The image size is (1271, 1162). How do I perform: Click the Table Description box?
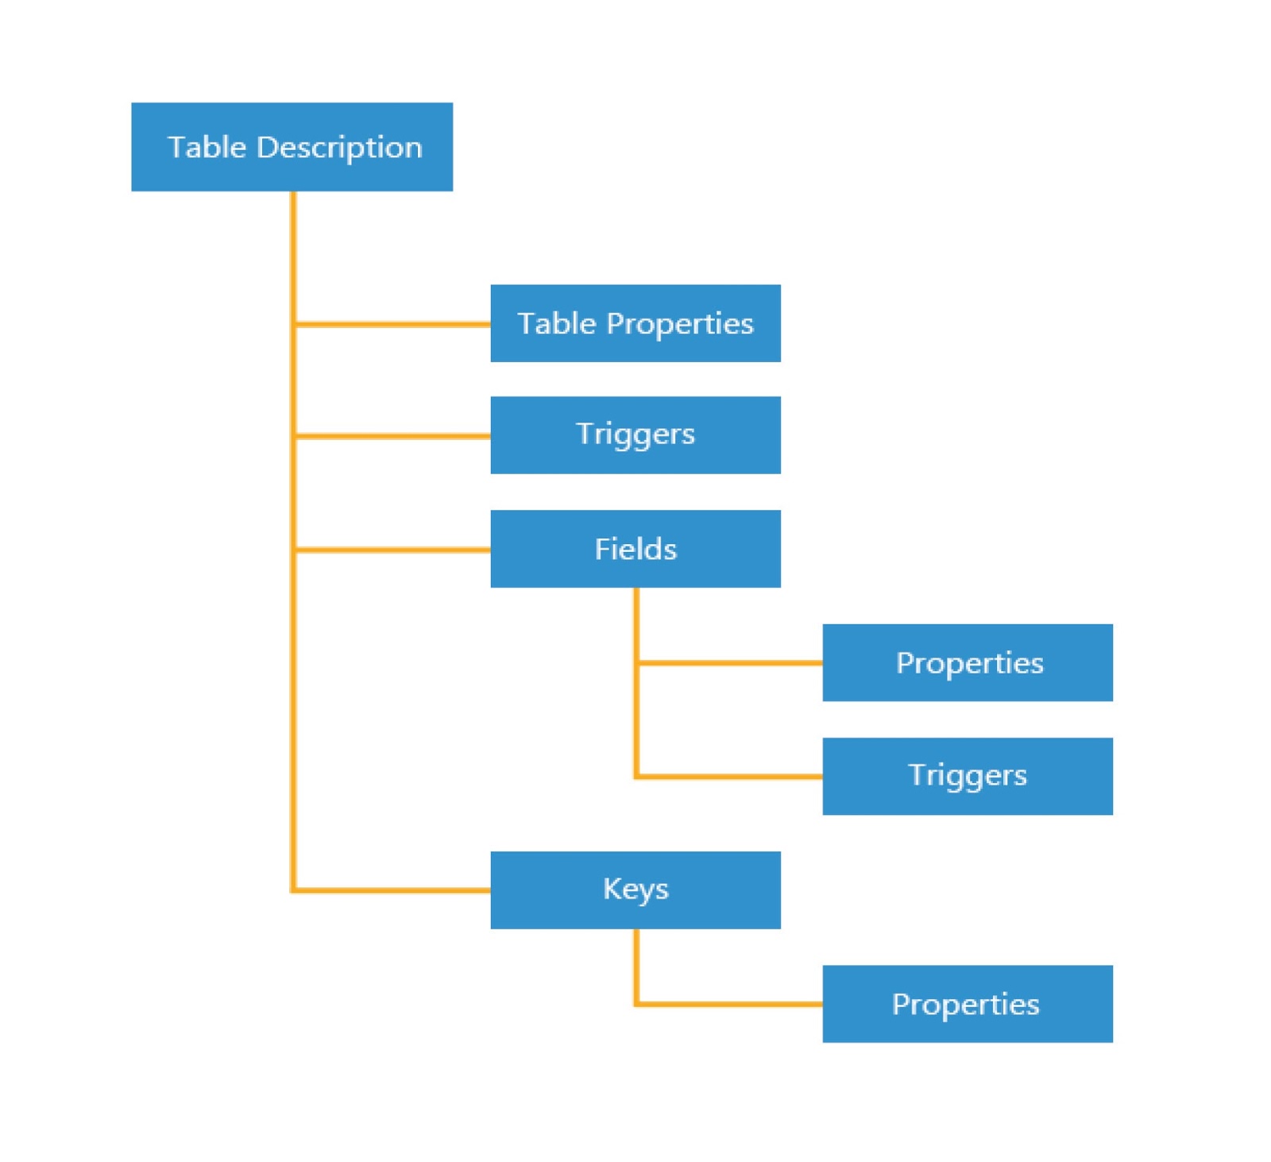(x=292, y=147)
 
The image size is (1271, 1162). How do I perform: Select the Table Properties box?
(x=635, y=323)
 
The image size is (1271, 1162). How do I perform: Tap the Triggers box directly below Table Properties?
(x=635, y=434)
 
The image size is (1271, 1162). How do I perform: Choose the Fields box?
(x=635, y=549)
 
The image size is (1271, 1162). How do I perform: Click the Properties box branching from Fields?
(x=967, y=662)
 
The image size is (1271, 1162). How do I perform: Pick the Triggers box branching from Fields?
(x=967, y=776)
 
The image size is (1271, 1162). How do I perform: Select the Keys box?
(x=635, y=890)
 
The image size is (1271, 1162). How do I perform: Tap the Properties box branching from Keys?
(x=967, y=1003)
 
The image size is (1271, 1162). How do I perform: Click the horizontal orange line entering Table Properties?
(x=393, y=324)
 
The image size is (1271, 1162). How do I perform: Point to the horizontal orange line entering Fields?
(x=393, y=549)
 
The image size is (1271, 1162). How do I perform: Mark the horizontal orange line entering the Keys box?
(x=393, y=890)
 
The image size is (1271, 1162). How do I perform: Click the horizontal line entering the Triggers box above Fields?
(x=393, y=435)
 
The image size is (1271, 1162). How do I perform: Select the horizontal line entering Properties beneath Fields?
(x=729, y=662)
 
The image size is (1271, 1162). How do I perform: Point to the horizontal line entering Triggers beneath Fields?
(x=729, y=776)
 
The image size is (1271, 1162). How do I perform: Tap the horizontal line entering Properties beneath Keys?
(x=729, y=1004)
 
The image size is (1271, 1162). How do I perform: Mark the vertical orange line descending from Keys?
(x=636, y=965)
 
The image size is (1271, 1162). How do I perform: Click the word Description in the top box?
(x=339, y=148)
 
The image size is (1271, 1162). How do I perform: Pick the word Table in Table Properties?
(x=556, y=323)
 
